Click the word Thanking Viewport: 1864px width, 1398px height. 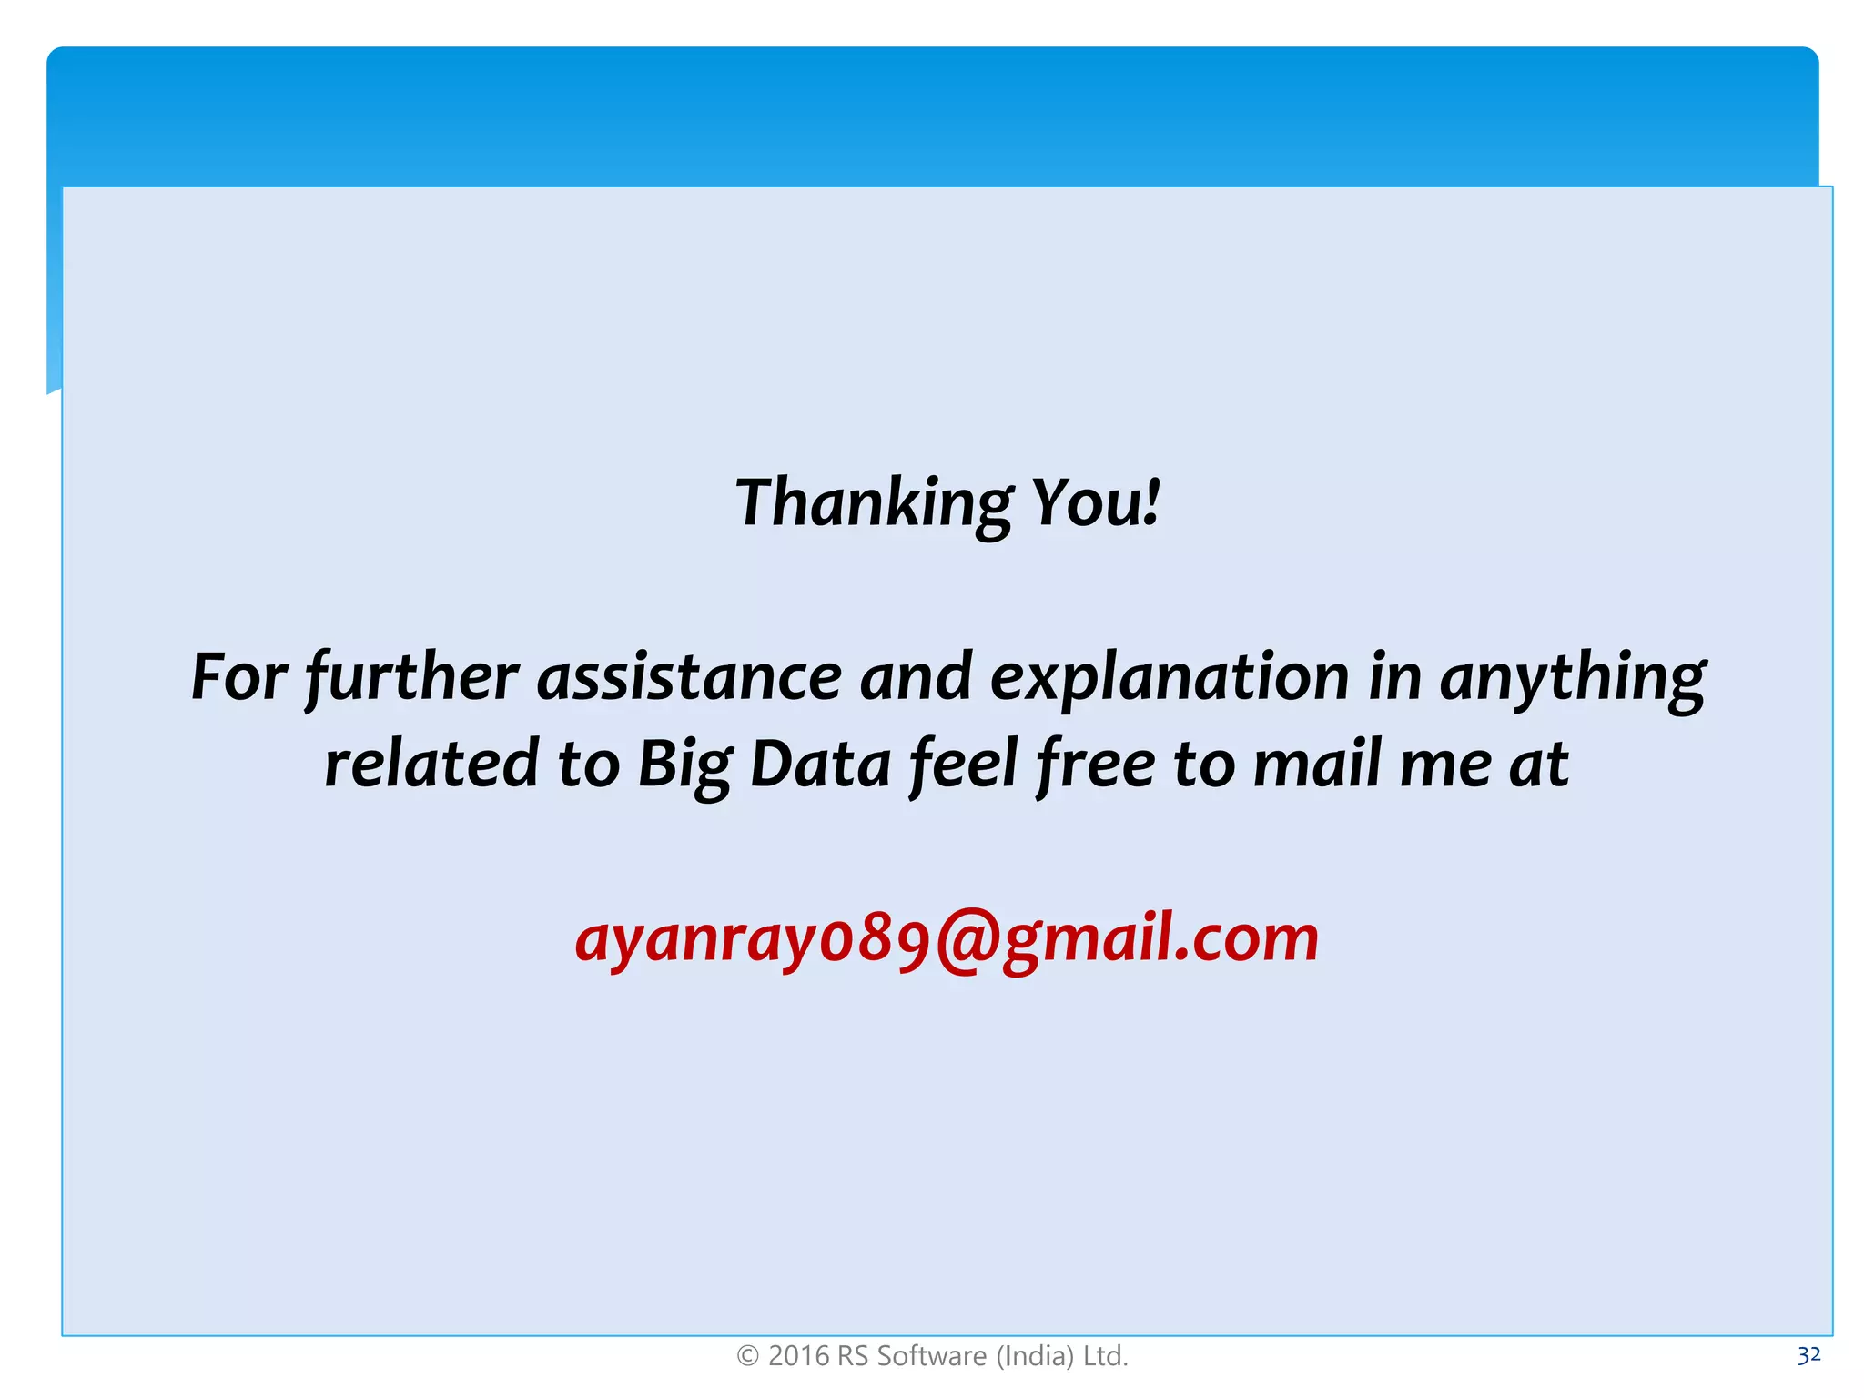point(874,503)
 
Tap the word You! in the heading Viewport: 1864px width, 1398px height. point(1096,503)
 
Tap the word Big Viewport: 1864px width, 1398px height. point(684,765)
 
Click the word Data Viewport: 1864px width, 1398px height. point(820,765)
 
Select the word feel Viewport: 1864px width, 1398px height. point(964,765)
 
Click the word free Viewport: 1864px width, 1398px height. point(1096,765)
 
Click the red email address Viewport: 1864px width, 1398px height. point(947,939)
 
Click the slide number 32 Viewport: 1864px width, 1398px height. point(1808,1355)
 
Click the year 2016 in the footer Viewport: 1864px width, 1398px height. point(798,1356)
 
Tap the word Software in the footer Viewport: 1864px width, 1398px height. point(931,1356)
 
